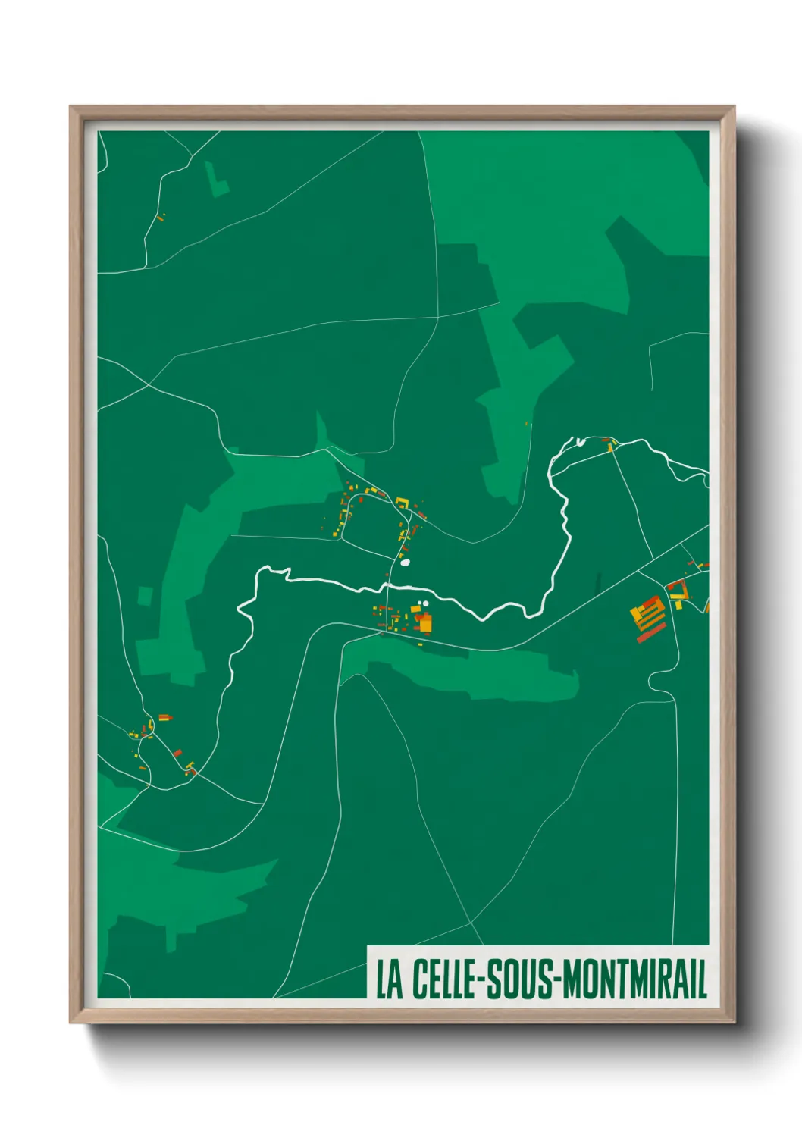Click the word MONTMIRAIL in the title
click(631, 979)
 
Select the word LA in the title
click(390, 979)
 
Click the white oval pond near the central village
click(405, 563)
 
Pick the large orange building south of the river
click(425, 624)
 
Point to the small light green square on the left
click(145, 596)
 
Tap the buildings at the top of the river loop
click(609, 445)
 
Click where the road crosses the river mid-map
click(387, 585)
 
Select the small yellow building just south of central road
click(420, 644)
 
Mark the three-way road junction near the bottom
click(471, 923)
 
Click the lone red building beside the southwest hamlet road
click(177, 753)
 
